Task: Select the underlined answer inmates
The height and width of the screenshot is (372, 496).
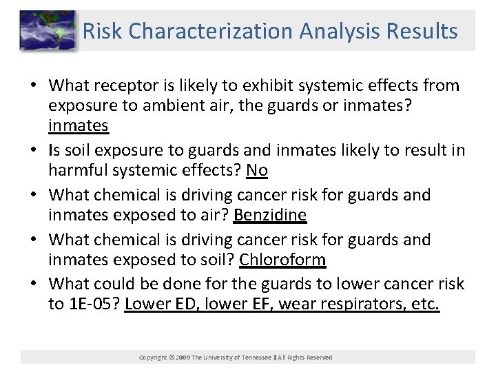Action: pyautogui.click(x=79, y=125)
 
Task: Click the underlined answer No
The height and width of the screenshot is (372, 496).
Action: pyautogui.click(x=256, y=170)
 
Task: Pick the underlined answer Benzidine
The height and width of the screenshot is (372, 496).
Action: pyautogui.click(x=270, y=215)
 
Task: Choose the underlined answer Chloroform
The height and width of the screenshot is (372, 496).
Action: pyautogui.click(x=282, y=260)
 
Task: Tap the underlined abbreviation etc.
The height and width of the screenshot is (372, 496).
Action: pyautogui.click(x=424, y=304)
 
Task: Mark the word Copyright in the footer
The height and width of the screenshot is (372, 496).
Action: pyautogui.click(x=152, y=358)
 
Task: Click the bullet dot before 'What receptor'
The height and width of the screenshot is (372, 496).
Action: pyautogui.click(x=34, y=86)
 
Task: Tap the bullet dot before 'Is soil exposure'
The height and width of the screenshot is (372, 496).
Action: pyautogui.click(x=34, y=151)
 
